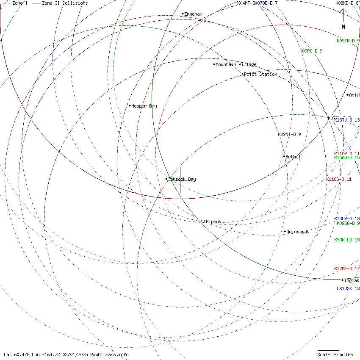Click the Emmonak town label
point(193,14)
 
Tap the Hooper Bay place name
point(144,106)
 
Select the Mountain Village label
point(236,64)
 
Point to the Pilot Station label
point(260,74)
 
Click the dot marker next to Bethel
point(284,156)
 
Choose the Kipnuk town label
point(213,222)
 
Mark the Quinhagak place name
point(298,232)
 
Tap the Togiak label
point(352,280)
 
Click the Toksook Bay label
point(182,179)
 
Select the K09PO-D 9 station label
point(311,51)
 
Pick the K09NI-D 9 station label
point(289,134)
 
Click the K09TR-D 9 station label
point(348,41)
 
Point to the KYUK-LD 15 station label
point(347,240)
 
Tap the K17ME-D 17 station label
point(347,269)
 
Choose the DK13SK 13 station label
point(348,288)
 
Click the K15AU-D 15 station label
point(347,158)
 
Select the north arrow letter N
point(343,27)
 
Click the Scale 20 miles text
point(335,354)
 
